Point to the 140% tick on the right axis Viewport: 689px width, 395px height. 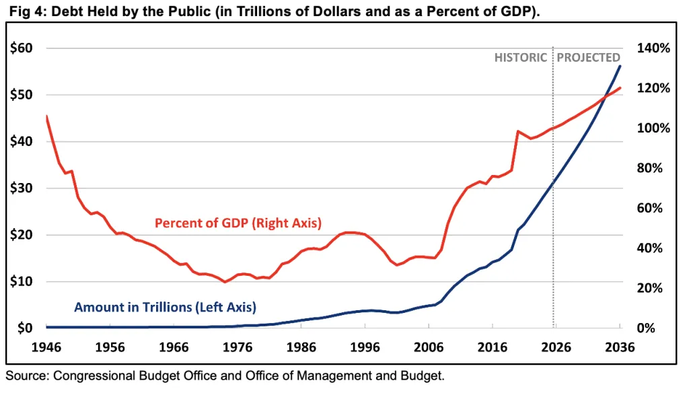coord(654,48)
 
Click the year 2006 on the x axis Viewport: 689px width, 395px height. coord(429,348)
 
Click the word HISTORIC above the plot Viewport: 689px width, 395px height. coord(521,58)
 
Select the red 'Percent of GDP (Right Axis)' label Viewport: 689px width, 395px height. coord(238,223)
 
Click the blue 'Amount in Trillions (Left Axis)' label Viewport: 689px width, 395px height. coord(165,308)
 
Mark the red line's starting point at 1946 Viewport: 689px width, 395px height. coord(46,116)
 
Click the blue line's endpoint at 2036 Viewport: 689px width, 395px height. coord(620,65)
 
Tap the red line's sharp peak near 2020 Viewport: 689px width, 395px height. coord(517,131)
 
